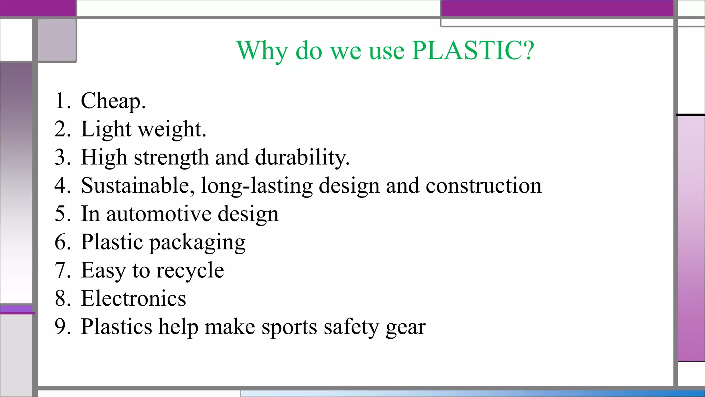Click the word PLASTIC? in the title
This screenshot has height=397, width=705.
[473, 50]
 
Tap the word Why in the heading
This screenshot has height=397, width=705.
[262, 51]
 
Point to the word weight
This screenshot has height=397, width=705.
[172, 130]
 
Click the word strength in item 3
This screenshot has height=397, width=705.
[171, 158]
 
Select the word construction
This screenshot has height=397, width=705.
[483, 186]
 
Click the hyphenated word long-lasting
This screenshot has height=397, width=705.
[257, 186]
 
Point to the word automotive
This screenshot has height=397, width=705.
[158, 214]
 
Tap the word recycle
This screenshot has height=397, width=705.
[190, 271]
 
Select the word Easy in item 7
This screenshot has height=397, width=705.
[103, 271]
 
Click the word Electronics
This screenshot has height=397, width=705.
[134, 298]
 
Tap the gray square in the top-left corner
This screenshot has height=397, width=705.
[57, 40]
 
